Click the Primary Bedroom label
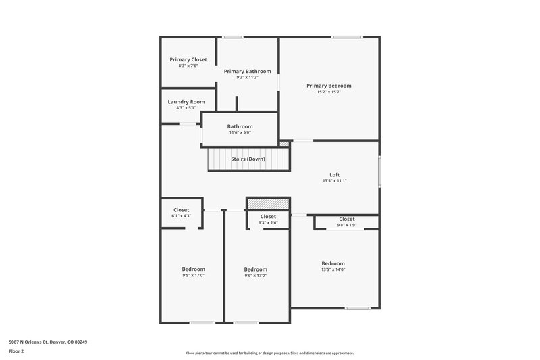pos(329,86)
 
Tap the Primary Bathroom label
pos(248,72)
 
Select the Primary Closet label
pos(188,59)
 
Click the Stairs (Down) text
pos(248,159)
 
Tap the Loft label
pos(334,175)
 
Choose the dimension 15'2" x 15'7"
pos(329,93)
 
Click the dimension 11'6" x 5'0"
pos(240,133)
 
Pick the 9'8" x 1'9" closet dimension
pos(347,226)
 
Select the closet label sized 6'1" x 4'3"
pos(182,210)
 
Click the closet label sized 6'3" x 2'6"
pos(268,217)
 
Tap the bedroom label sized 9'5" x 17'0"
pos(194,269)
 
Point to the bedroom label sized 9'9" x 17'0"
pos(256,269)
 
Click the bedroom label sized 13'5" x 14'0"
pos(333,263)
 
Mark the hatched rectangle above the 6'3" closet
pos(268,203)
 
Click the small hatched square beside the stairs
pos(284,143)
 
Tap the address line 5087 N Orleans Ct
pos(48,342)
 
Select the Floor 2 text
pos(17,351)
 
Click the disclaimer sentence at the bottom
pos(270,353)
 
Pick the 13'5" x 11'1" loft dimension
pos(334,181)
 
